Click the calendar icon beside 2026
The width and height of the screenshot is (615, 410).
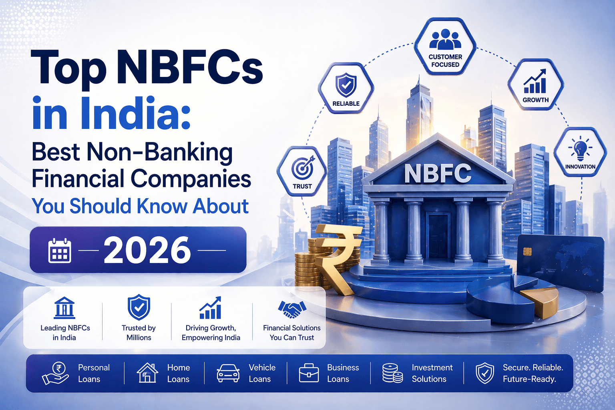point(60,251)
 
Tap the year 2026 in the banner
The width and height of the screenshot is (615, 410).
point(147,250)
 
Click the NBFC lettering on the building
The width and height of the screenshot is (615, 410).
point(438,173)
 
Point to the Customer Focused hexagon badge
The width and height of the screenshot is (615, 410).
point(445,46)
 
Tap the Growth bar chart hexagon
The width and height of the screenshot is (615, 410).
point(535,85)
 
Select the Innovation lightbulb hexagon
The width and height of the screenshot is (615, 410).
point(580,152)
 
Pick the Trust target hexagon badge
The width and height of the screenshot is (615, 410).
point(302,171)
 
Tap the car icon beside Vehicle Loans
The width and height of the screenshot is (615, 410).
point(228,373)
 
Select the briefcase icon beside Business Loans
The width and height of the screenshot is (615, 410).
point(309,373)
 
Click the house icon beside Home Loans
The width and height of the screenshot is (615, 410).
point(147,373)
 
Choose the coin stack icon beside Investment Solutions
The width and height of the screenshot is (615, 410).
point(392,373)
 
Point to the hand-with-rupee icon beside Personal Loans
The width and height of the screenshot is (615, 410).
point(56,373)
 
